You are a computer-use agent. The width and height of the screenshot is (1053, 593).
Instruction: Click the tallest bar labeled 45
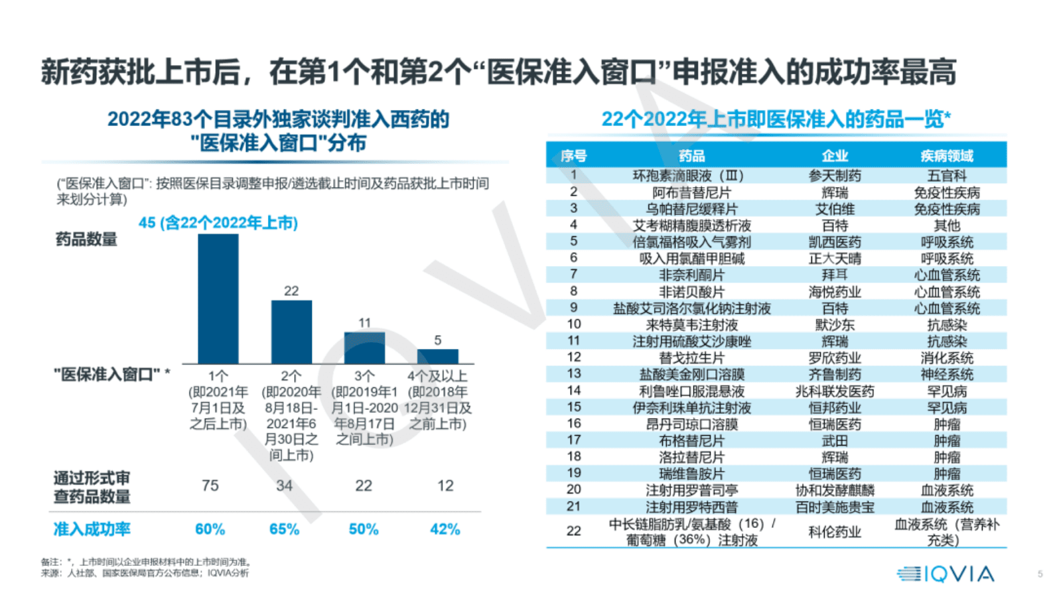point(218,298)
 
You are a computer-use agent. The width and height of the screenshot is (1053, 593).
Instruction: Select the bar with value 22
point(291,332)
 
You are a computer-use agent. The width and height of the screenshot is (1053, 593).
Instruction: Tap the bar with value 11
point(364,348)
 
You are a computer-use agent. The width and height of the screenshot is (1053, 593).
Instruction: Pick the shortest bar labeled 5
point(437,356)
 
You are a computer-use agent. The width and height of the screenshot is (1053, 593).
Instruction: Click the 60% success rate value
point(210,529)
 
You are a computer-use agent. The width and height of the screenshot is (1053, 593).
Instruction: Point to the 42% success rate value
point(445,529)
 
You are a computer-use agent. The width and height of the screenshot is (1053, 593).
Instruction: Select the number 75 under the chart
point(210,486)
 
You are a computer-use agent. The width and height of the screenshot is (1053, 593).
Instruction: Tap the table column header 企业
point(835,156)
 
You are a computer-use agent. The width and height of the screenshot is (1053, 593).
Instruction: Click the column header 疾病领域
point(946,156)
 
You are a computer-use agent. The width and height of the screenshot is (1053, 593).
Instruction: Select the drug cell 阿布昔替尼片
point(691,192)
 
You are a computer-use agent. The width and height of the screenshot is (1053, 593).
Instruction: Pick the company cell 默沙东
point(835,325)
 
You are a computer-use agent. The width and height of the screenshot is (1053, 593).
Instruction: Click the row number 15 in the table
point(574,407)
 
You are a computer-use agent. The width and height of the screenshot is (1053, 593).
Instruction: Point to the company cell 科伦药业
point(835,532)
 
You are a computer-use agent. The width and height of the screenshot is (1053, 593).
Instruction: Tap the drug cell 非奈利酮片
point(691,275)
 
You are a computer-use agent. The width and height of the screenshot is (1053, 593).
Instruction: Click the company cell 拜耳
point(835,275)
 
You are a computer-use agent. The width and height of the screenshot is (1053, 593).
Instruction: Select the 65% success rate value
point(284,529)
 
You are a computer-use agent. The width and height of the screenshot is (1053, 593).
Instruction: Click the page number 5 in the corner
point(1040,574)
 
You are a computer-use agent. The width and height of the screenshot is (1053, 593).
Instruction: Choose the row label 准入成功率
point(92,529)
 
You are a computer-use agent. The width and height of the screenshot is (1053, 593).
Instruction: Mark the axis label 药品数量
point(86,239)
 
